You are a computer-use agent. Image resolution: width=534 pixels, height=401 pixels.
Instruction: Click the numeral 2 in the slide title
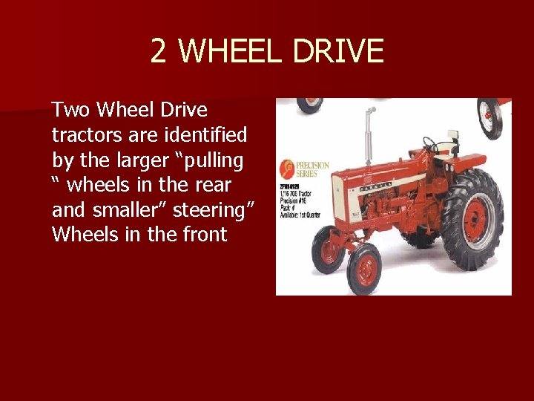pyautogui.click(x=159, y=51)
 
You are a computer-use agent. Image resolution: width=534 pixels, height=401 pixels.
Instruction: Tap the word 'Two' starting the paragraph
pyautogui.click(x=70, y=111)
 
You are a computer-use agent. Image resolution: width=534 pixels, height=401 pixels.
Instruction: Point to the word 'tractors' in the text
pyautogui.click(x=82, y=135)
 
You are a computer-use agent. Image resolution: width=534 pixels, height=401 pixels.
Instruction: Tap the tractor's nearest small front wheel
pyautogui.click(x=363, y=268)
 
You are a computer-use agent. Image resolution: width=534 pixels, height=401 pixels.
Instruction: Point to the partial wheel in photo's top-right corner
pyautogui.click(x=490, y=117)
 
